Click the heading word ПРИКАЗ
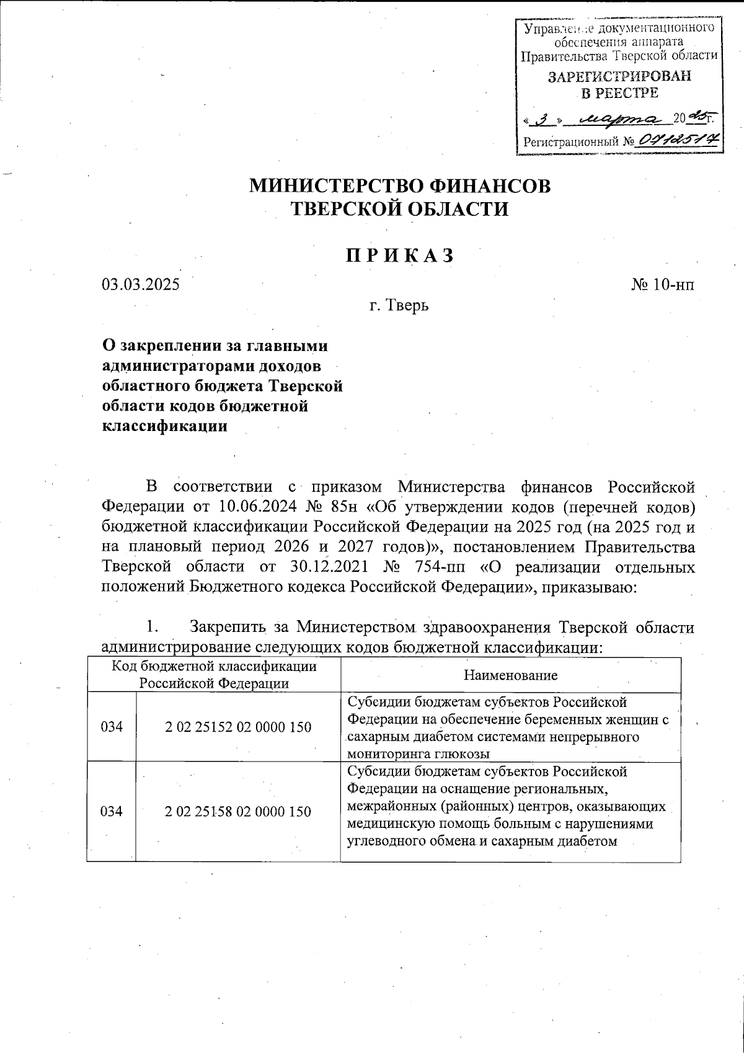coord(399,255)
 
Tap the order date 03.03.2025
coord(140,285)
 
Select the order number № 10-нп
coord(663,285)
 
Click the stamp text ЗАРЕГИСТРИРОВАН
coord(619,76)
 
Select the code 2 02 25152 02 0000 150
coord(238,727)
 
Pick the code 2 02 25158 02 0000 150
coord(238,811)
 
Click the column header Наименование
coord(510,675)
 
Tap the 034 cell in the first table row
coord(112,727)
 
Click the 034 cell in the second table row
coord(112,811)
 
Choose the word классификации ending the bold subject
coord(164,426)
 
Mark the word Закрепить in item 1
coord(228,627)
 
